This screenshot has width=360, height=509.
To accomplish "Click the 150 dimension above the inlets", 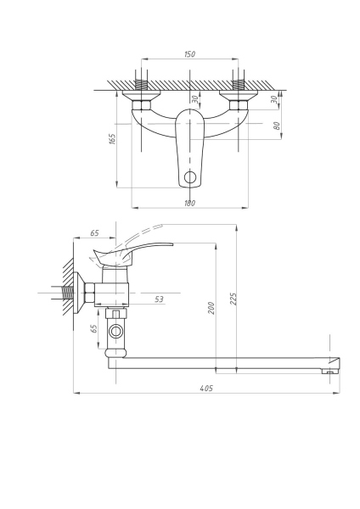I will pyautogui.click(x=188, y=54).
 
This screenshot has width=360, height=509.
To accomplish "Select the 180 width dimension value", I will pyautogui.click(x=188, y=203).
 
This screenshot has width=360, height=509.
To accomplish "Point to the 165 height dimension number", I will pyautogui.click(x=113, y=138).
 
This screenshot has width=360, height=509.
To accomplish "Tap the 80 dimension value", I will pyautogui.click(x=277, y=126).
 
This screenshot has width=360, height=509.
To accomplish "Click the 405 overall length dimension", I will pyautogui.click(x=206, y=388).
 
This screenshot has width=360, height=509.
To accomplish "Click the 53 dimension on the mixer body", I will pyautogui.click(x=159, y=298).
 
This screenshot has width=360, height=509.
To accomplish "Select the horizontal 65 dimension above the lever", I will pyautogui.click(x=94, y=232).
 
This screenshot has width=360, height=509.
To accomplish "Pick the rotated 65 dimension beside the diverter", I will pyautogui.click(x=94, y=328).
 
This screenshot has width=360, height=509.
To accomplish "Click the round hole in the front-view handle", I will pyautogui.click(x=190, y=178).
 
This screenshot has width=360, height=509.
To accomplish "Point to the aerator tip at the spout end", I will pyautogui.click(x=329, y=370).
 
